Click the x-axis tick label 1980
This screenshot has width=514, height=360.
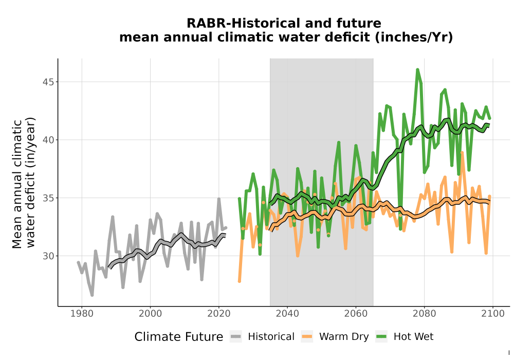pyautogui.click(x=82, y=314)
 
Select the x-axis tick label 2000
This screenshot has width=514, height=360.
pyautogui.click(x=150, y=314)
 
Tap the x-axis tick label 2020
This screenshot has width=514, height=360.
pyautogui.click(x=218, y=314)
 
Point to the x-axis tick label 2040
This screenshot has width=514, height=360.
pyautogui.click(x=287, y=314)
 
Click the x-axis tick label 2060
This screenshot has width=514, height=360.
pyautogui.click(x=356, y=314)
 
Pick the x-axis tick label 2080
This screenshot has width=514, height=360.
pyautogui.click(x=424, y=314)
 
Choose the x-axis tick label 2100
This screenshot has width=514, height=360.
pyautogui.click(x=493, y=314)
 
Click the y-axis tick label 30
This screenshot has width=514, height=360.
pyautogui.click(x=48, y=256)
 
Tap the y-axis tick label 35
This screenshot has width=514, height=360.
pyautogui.click(x=48, y=198)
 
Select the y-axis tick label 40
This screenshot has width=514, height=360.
pyautogui.click(x=48, y=140)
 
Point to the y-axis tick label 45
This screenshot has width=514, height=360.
pyautogui.click(x=48, y=82)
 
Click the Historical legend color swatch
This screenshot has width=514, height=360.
pyautogui.click(x=236, y=337)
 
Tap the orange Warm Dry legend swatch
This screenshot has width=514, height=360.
pyautogui.click(x=307, y=337)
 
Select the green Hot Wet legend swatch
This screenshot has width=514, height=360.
pyautogui.click(x=381, y=337)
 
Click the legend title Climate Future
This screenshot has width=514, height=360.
pyautogui.click(x=179, y=337)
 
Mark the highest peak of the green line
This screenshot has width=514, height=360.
pyautogui.click(x=417, y=69)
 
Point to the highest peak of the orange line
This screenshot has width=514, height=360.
pyautogui.click(x=462, y=152)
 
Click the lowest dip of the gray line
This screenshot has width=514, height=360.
pyautogui.click(x=92, y=295)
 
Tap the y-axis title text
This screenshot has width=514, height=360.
pyautogui.click(x=24, y=183)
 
